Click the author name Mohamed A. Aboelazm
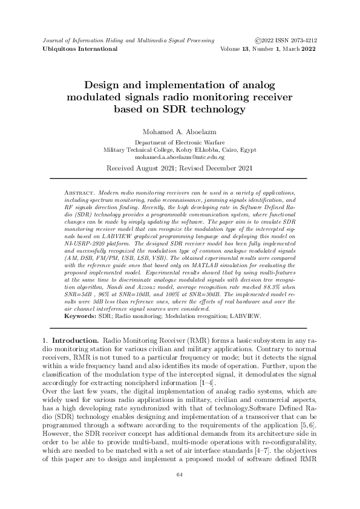(180, 132)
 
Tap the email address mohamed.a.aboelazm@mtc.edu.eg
(180, 157)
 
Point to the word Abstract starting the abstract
(79, 191)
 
